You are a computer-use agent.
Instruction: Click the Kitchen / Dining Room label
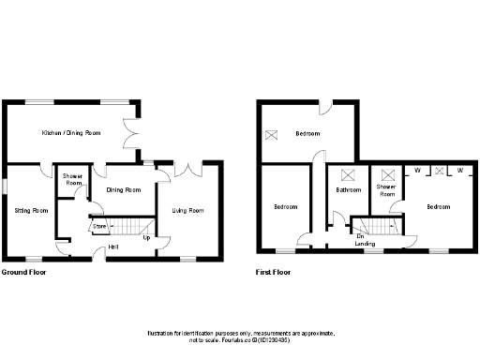click(x=71, y=133)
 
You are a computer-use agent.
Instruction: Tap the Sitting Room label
click(x=31, y=210)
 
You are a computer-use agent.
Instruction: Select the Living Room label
click(x=187, y=210)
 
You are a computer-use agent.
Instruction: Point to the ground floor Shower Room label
click(x=73, y=180)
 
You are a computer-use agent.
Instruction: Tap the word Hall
click(x=112, y=247)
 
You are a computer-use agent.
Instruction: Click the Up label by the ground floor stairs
click(x=146, y=237)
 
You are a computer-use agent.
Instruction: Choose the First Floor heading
click(x=273, y=273)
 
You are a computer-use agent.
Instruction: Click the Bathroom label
click(x=349, y=190)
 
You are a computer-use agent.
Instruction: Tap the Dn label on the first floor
click(x=359, y=236)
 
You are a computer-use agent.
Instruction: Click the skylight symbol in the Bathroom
click(x=350, y=173)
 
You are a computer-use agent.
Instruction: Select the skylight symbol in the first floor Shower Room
click(x=386, y=173)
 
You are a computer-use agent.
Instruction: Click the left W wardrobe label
click(x=417, y=170)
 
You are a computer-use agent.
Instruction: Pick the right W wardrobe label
click(x=460, y=170)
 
